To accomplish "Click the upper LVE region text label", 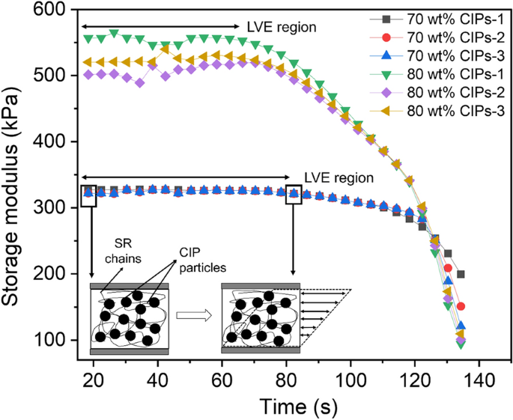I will click(282, 26).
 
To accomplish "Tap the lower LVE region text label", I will click(339, 178).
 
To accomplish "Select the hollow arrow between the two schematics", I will click(192, 315).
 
